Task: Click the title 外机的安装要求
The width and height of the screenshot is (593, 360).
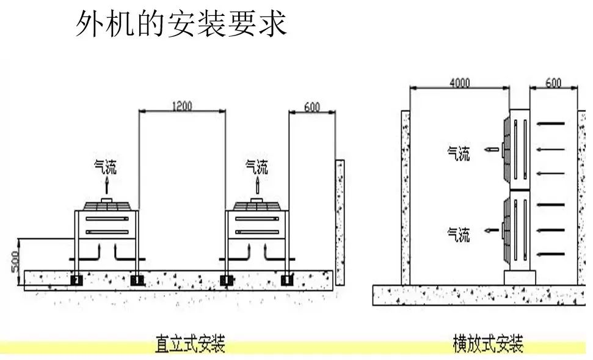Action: click(x=181, y=24)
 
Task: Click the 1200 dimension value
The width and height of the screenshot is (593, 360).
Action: click(x=181, y=106)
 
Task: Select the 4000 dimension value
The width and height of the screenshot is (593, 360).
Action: click(x=459, y=83)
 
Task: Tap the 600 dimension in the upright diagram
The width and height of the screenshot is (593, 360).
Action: click(x=311, y=107)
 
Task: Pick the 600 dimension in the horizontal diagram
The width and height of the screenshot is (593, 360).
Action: click(x=553, y=83)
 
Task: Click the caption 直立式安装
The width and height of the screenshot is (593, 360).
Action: click(x=190, y=343)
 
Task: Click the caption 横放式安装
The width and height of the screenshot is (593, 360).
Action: click(x=488, y=343)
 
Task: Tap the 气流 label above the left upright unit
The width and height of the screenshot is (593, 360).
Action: click(x=104, y=166)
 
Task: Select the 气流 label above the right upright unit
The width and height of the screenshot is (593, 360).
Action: click(x=256, y=166)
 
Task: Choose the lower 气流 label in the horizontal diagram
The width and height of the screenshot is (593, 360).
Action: click(x=459, y=234)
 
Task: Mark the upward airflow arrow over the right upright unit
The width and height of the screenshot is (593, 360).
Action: click(x=257, y=185)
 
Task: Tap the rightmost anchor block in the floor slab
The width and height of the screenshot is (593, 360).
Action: click(x=286, y=281)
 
